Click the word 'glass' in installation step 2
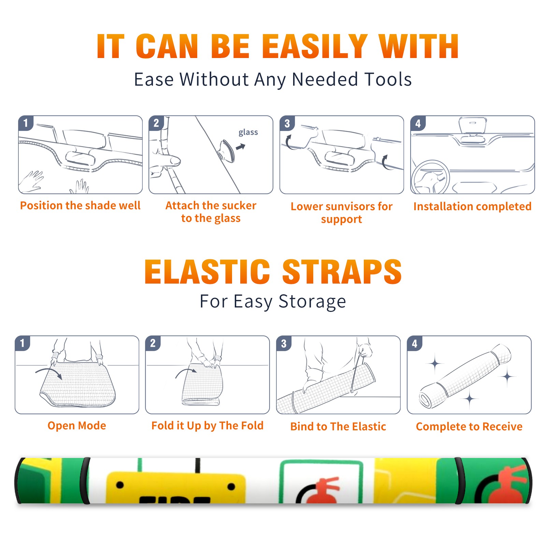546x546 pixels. coord(248,132)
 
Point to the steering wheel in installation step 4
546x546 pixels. coord(430,177)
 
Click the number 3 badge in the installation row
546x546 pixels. coord(287,123)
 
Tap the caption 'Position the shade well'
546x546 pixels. coord(80,205)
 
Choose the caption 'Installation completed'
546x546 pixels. coord(472,206)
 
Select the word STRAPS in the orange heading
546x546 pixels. coord(342,272)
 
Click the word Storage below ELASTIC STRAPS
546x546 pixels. coord(312,302)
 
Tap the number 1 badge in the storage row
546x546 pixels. coord(23,343)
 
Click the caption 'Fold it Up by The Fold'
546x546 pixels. coord(207,426)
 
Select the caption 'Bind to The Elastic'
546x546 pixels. coord(338,427)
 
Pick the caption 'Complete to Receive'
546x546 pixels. coord(469,427)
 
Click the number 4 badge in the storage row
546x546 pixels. coord(415,343)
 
